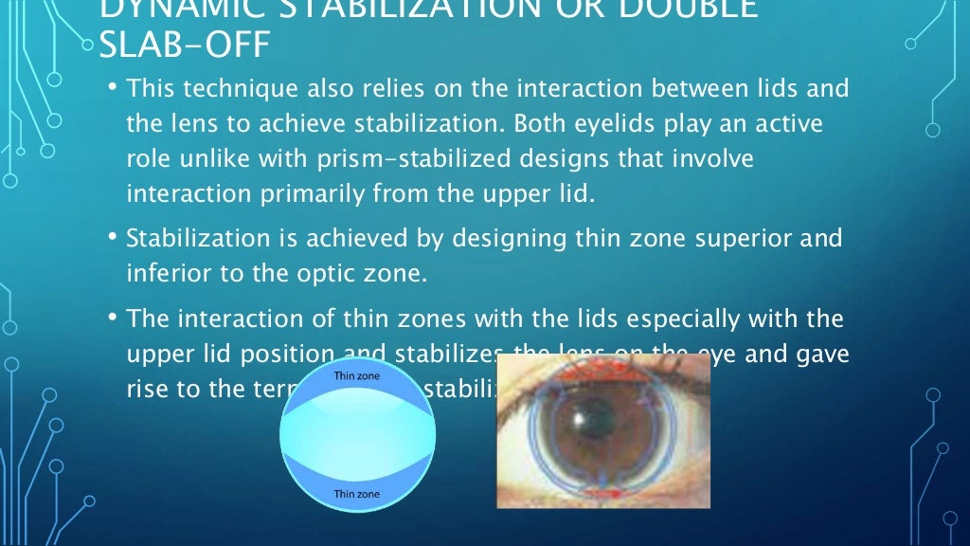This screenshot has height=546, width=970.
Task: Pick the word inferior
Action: [x=163, y=273]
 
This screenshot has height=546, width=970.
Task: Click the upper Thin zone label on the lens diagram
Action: [x=357, y=374]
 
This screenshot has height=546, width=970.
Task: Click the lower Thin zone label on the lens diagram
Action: [x=357, y=494]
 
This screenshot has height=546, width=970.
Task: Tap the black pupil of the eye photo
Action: [x=577, y=418]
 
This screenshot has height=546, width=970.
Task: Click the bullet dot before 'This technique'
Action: [x=112, y=87]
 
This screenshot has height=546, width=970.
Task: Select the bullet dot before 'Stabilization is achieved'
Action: [x=112, y=237]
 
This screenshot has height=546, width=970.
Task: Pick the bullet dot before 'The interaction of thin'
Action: [x=112, y=317]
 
